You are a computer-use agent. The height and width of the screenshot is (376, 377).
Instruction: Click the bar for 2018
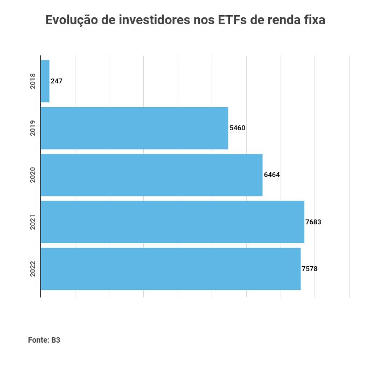tap(45, 81)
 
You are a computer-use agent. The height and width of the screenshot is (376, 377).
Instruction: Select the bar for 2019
tap(134, 128)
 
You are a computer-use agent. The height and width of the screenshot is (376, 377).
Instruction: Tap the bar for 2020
tap(151, 175)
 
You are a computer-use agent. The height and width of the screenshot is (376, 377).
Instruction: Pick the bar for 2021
tap(172, 222)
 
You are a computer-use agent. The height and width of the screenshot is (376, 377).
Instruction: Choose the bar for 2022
tap(170, 268)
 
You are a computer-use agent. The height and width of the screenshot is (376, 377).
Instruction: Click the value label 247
tap(57, 81)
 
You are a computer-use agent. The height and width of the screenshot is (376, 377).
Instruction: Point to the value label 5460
tap(237, 128)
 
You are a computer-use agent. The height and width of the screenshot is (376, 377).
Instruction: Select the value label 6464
tap(271, 175)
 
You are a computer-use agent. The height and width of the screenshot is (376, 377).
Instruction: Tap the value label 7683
tap(313, 222)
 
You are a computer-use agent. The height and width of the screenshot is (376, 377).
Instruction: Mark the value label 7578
tap(309, 268)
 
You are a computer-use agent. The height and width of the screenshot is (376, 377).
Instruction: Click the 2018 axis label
tap(33, 81)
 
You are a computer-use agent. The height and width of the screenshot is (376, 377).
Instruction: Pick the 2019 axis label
tap(33, 128)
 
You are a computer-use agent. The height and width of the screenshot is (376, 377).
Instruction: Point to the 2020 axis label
tap(33, 175)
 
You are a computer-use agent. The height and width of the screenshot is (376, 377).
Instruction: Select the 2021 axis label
tap(33, 222)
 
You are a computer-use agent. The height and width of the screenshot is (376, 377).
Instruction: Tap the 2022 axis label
tap(33, 268)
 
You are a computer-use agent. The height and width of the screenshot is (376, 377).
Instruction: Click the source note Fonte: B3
tap(44, 340)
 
